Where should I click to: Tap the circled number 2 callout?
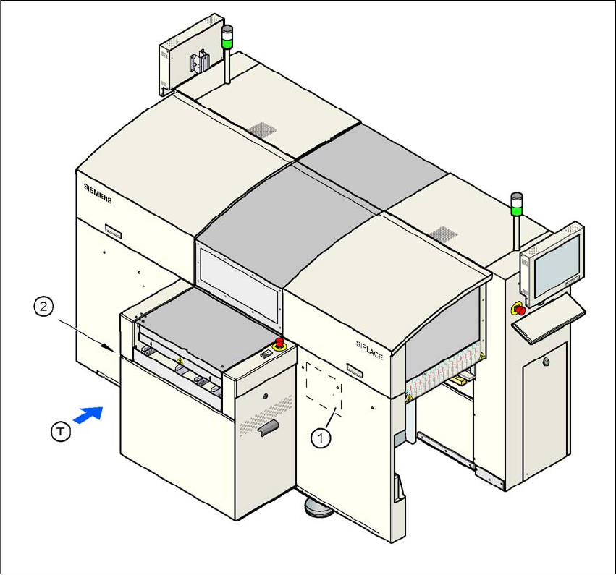[44, 307]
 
